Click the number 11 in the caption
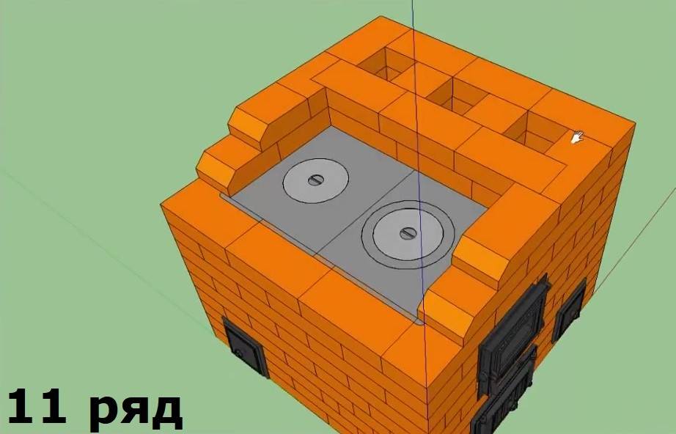(x=37, y=407)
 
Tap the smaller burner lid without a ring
(x=316, y=180)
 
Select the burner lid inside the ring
(x=408, y=234)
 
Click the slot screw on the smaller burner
(x=316, y=180)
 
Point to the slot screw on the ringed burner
(x=408, y=234)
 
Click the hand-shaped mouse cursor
(x=577, y=138)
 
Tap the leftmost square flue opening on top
(x=386, y=65)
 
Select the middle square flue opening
(x=452, y=96)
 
